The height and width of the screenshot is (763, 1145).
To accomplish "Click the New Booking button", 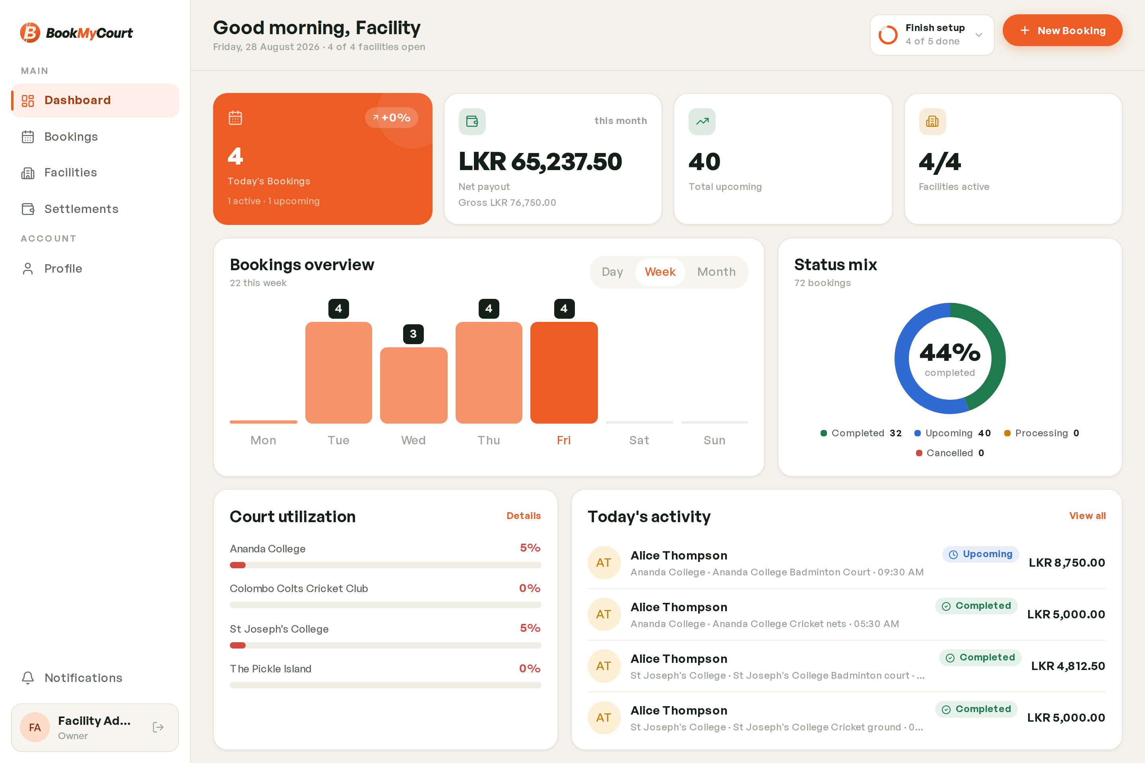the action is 1062,30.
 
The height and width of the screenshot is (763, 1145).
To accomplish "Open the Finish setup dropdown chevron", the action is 978,35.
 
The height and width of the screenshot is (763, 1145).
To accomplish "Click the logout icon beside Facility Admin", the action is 158,727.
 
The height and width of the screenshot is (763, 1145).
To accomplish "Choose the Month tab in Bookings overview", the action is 716,272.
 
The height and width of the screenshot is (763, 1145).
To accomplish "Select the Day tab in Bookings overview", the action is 612,272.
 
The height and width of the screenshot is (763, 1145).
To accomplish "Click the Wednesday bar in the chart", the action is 413,385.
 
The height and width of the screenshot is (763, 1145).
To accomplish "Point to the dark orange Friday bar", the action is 564,373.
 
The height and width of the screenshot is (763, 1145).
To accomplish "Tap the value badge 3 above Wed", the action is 413,334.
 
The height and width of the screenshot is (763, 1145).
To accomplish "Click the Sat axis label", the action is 639,440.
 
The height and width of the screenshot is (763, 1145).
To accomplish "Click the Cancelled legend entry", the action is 950,453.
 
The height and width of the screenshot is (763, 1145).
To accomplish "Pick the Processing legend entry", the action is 1042,433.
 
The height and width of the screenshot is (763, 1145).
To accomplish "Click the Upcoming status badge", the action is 980,554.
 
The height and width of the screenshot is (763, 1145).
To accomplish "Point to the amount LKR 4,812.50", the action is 1068,666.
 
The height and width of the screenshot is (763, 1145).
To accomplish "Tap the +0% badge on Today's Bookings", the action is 391,118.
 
